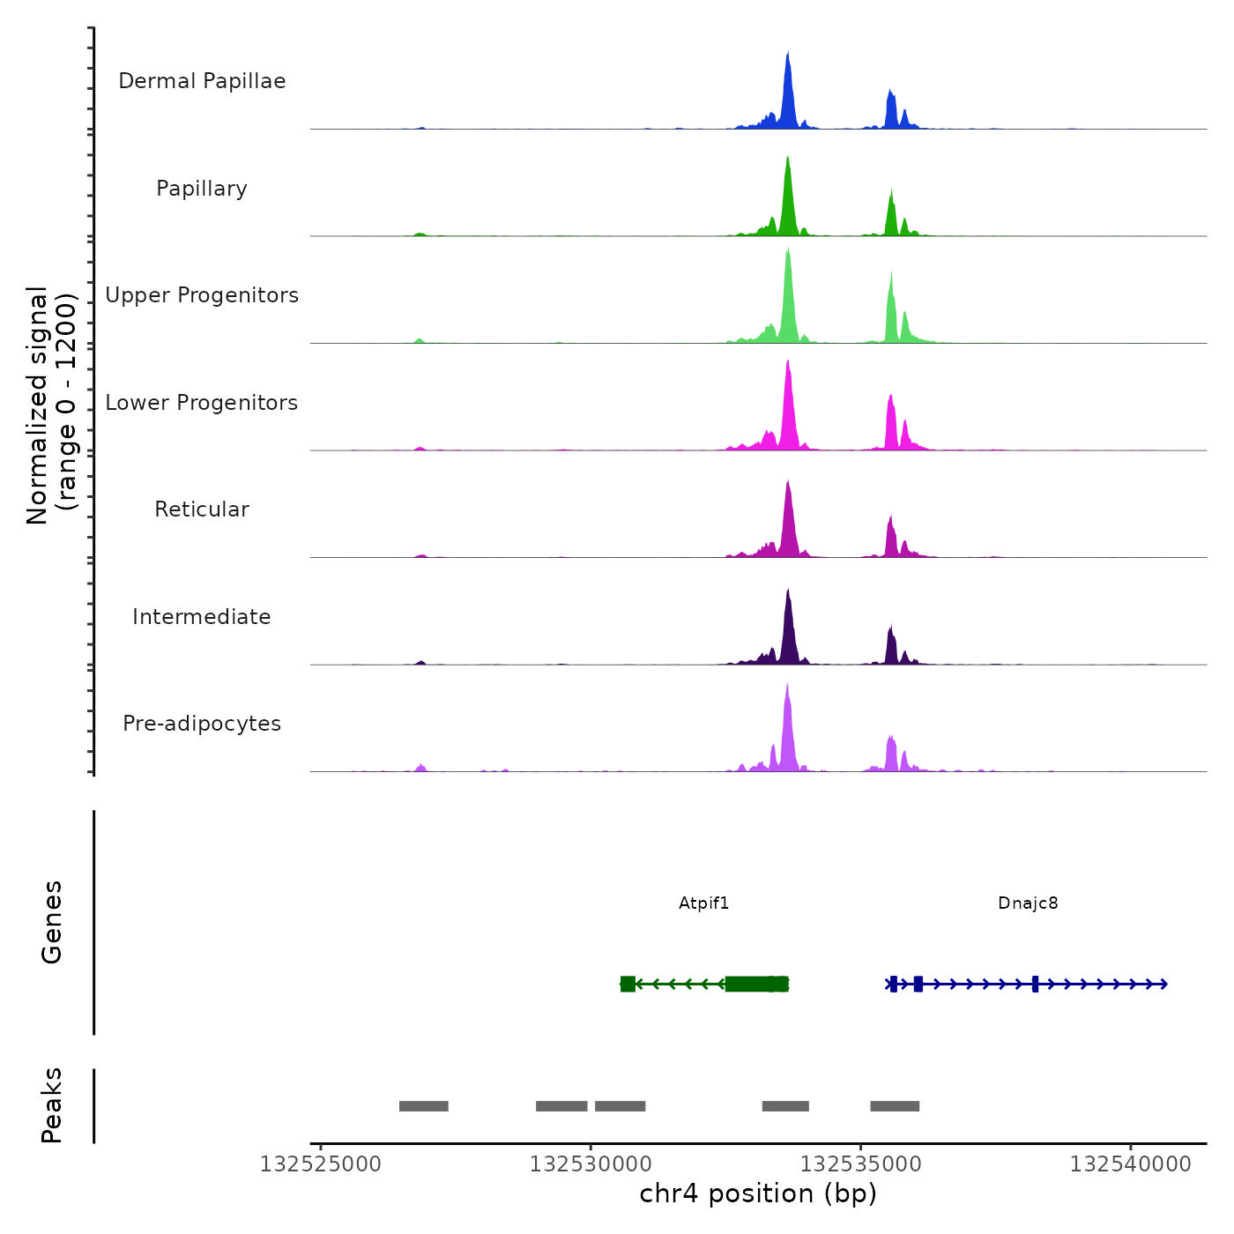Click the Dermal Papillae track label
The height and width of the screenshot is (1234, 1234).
click(x=202, y=81)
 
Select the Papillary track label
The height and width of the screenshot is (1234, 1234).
click(x=202, y=189)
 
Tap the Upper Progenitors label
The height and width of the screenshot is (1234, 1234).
click(x=202, y=295)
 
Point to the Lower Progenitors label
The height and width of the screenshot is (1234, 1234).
click(x=202, y=403)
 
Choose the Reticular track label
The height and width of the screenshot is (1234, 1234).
click(x=202, y=509)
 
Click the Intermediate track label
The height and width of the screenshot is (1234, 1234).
click(x=202, y=617)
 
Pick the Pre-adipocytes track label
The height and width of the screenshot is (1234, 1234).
click(x=202, y=724)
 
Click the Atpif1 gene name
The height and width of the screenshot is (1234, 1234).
click(x=703, y=903)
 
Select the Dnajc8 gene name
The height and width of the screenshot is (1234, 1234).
click(x=1028, y=903)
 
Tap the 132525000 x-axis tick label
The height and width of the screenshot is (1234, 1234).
click(x=321, y=1164)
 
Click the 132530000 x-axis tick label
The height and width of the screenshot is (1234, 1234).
click(x=591, y=1164)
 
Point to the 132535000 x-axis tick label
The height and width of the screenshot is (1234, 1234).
click(x=861, y=1164)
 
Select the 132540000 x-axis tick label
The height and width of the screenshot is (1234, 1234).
click(x=1131, y=1164)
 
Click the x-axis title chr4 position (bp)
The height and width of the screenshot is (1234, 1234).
click(x=758, y=1194)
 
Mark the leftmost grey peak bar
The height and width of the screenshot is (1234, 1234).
click(x=424, y=1106)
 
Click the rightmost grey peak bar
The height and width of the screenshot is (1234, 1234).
click(x=895, y=1106)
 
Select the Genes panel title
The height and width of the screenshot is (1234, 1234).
click(x=52, y=922)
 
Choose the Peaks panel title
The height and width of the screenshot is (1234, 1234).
click(x=52, y=1105)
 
